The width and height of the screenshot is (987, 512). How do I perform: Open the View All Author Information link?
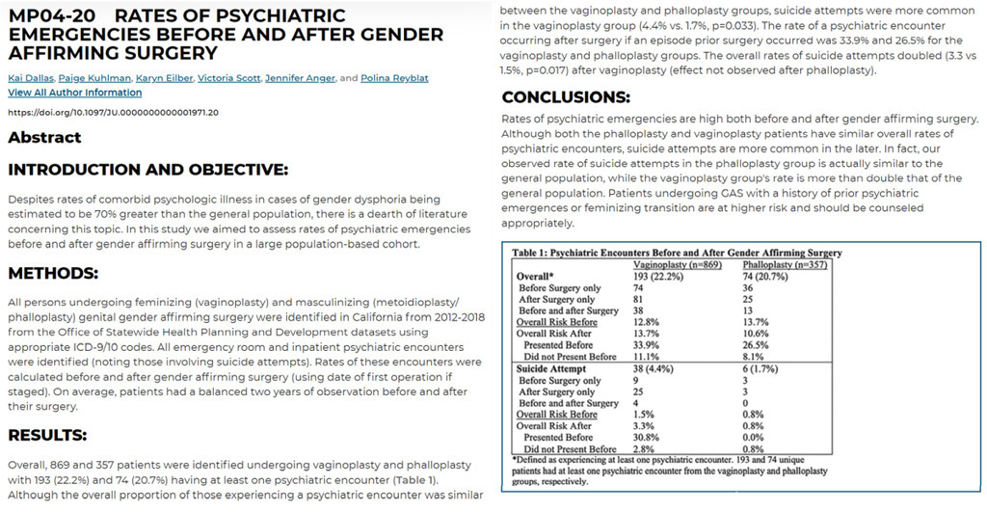click(x=74, y=93)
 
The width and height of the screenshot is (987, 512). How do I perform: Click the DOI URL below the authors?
click(x=113, y=112)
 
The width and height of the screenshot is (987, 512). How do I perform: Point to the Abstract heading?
click(x=44, y=138)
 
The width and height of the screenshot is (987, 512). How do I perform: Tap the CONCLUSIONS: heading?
click(x=566, y=97)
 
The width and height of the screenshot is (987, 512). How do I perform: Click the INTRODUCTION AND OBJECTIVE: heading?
click(x=147, y=171)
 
